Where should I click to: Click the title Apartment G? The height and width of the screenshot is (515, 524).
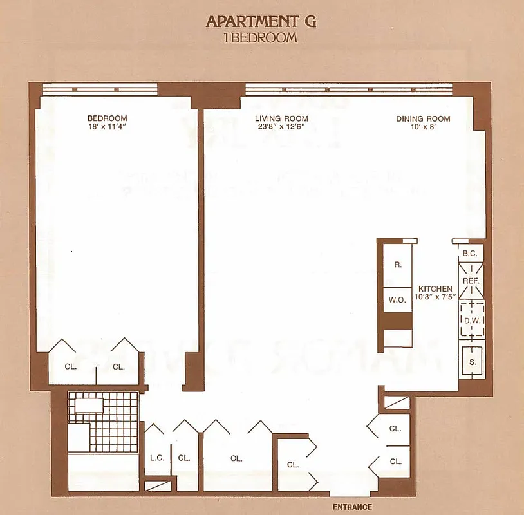point(261,21)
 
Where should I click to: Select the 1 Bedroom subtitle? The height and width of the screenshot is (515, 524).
point(260,37)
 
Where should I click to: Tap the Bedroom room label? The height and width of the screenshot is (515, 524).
point(107,118)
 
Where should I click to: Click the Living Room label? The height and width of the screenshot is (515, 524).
point(281,118)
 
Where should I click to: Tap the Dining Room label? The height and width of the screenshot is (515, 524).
point(423,118)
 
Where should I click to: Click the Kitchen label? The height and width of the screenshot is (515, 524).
point(435,289)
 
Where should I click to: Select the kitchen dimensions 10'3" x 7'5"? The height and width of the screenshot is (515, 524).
point(435,297)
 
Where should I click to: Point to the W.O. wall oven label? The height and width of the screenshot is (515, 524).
point(396,299)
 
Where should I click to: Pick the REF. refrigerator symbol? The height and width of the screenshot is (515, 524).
point(471,281)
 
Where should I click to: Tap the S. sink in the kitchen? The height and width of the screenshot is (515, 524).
point(472,362)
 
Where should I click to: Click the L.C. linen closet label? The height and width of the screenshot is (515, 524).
point(155,458)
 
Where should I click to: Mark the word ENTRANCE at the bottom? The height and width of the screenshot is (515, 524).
point(352,507)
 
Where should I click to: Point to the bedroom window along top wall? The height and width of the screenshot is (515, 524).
point(100,89)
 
